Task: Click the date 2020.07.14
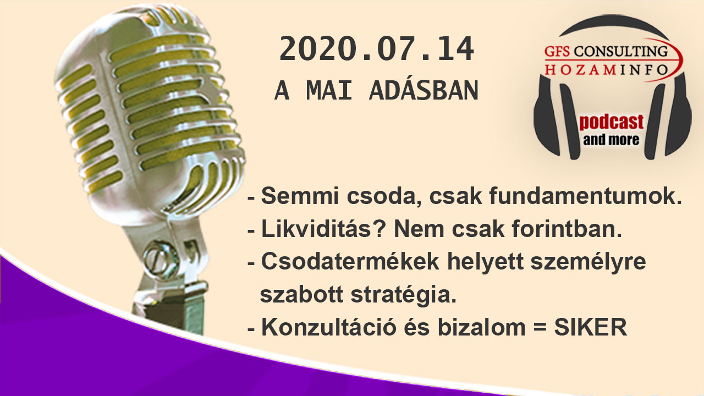pyautogui.click(x=377, y=49)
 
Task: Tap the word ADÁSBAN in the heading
pyautogui.click(x=424, y=91)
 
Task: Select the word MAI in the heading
pyautogui.click(x=329, y=91)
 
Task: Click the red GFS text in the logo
pyautogui.click(x=557, y=52)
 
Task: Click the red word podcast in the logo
pyautogui.click(x=611, y=122)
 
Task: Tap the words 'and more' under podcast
pyautogui.click(x=611, y=140)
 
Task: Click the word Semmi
pyautogui.click(x=300, y=196)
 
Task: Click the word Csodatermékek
pyautogui.click(x=350, y=261)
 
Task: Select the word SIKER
pyautogui.click(x=591, y=327)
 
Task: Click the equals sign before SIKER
pyautogui.click(x=540, y=328)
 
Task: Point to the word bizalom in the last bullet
pyautogui.click(x=481, y=327)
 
